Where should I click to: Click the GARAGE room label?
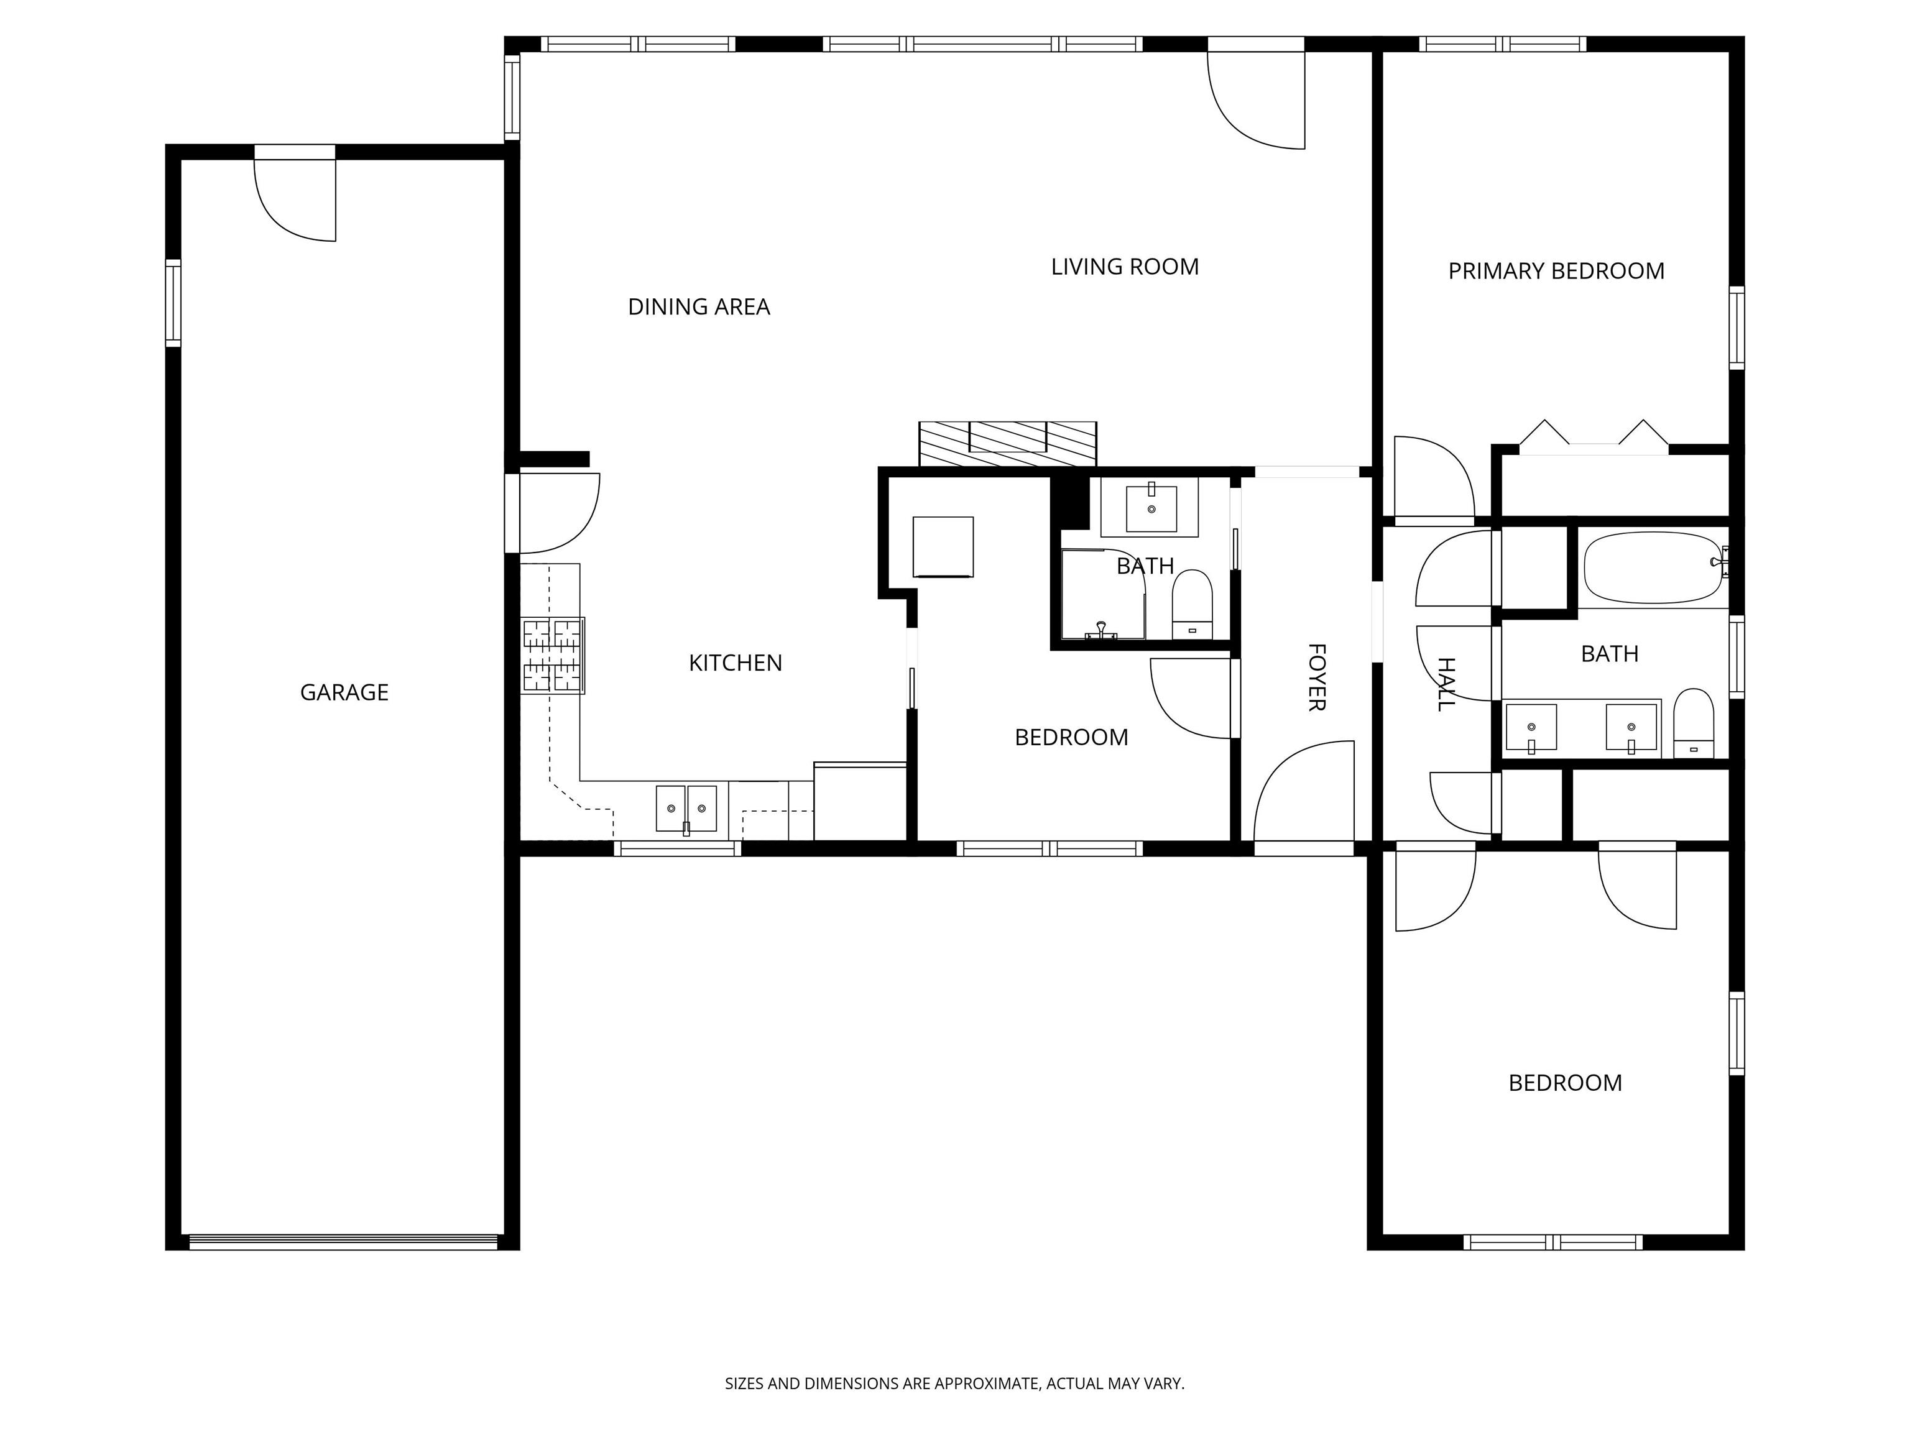[344, 692]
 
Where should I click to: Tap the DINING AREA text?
[699, 307]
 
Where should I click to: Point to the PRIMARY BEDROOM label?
[1556, 272]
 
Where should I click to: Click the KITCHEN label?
[735, 663]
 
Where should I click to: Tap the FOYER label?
[1316, 677]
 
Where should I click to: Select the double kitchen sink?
[686, 809]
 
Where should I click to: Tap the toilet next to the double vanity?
[1693, 723]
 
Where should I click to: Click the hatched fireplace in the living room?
[1008, 444]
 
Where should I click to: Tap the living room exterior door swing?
[1257, 99]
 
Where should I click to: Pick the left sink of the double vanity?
[1531, 727]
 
